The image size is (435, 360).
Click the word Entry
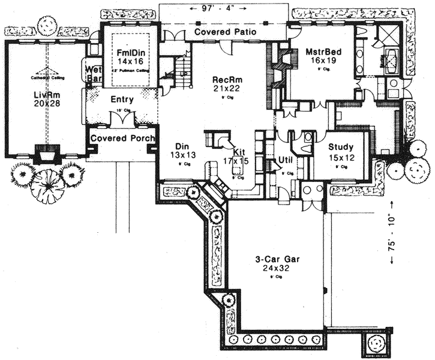[122, 100]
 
